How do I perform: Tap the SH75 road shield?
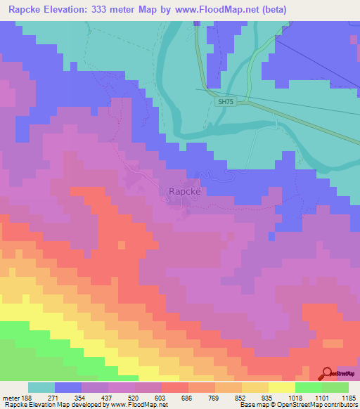point(224,102)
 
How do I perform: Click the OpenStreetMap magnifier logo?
point(328,375)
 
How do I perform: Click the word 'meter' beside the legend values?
point(10,398)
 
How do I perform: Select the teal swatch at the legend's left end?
point(41,387)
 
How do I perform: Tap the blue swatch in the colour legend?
point(68,387)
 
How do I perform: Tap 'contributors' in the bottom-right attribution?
point(340,405)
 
